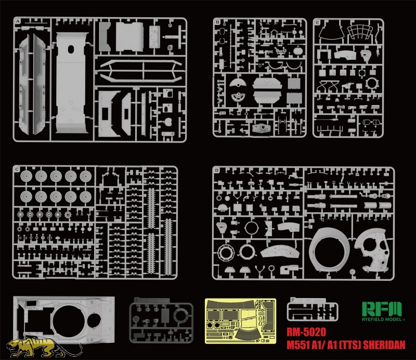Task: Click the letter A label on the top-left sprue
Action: point(18,21)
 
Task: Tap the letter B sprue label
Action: point(217,22)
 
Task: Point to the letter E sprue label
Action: point(317,22)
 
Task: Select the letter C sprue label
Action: point(18,170)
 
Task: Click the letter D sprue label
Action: point(217,170)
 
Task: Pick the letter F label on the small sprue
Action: point(293,300)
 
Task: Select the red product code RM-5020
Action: point(306,332)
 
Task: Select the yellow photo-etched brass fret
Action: point(240,320)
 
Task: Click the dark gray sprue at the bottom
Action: point(161,320)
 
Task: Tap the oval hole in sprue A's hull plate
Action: point(71,49)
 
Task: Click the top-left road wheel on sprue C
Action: point(27,176)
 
